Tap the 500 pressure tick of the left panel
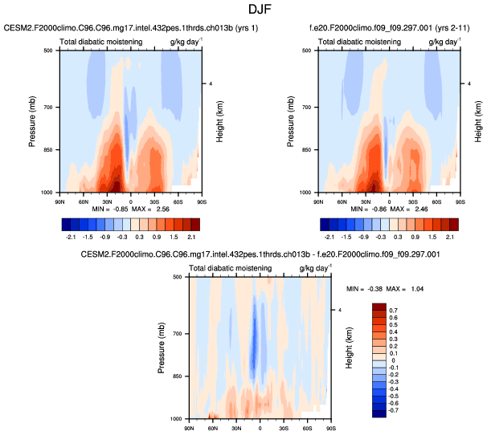50,51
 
